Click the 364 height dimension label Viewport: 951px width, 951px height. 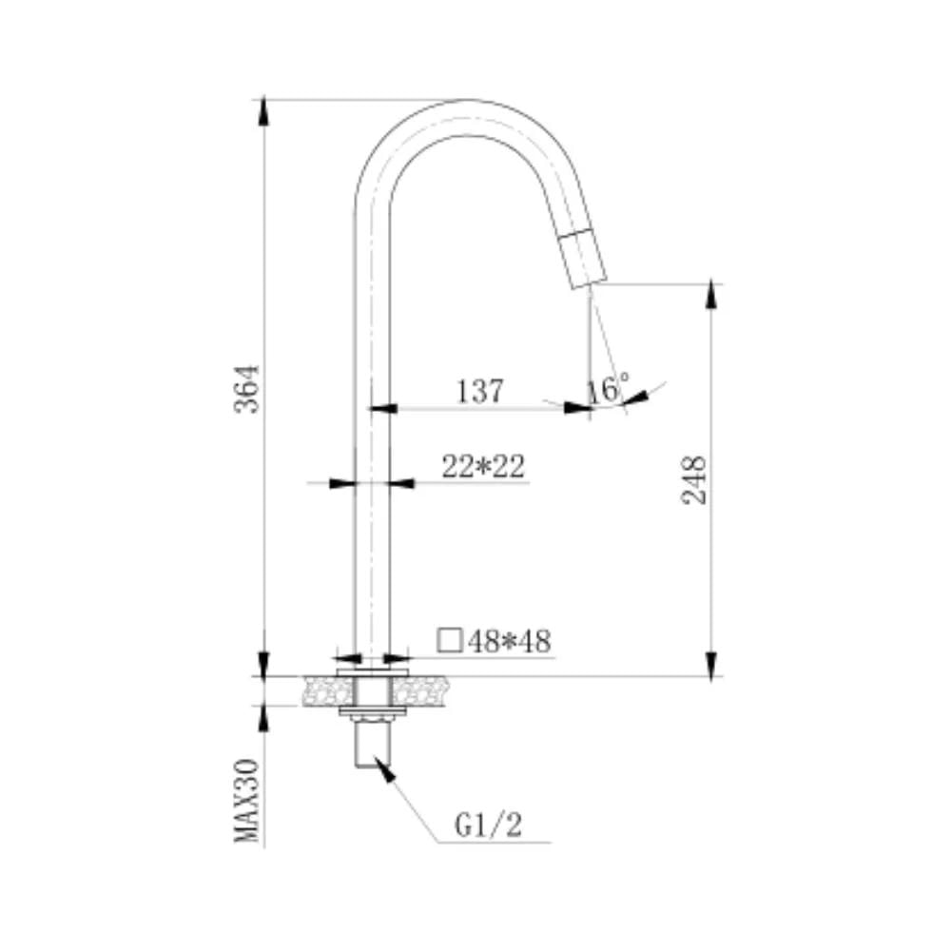click(247, 389)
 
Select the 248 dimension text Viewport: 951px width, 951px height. click(694, 479)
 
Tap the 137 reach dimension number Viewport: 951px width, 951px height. click(479, 391)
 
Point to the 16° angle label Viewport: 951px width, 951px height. click(608, 388)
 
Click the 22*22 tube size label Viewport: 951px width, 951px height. click(483, 467)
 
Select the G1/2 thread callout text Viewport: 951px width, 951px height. click(488, 825)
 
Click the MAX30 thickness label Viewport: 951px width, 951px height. click(247, 801)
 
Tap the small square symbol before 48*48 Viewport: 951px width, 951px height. click(450, 640)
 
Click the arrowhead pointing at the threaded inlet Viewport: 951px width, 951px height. click(384, 769)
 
